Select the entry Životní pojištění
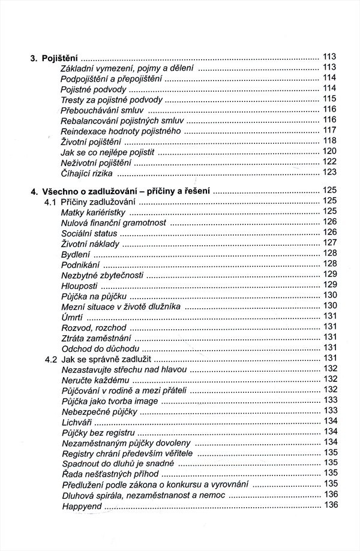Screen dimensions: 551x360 [91, 141]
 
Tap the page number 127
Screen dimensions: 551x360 [330, 243]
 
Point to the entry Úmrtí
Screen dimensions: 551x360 [72, 317]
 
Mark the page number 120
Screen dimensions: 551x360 [330, 151]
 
